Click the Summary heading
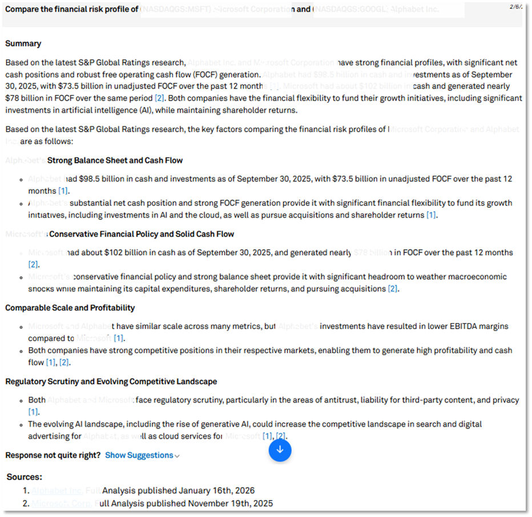[x=23, y=43]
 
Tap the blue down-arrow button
[x=280, y=450]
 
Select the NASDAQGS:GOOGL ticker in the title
[x=348, y=10]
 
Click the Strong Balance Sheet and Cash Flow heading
[x=115, y=161]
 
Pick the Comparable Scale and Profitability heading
[x=70, y=308]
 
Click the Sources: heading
[x=25, y=476]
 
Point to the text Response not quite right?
[x=53, y=455]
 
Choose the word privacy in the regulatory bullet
[x=505, y=400]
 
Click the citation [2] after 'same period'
[x=160, y=98]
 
